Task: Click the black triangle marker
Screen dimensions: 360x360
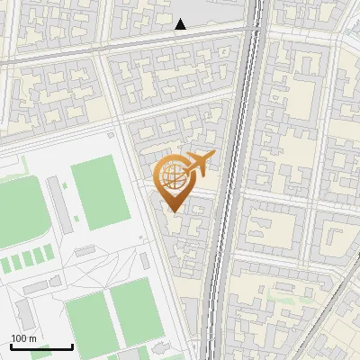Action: click(x=181, y=24)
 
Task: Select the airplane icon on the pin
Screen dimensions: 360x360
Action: click(x=198, y=162)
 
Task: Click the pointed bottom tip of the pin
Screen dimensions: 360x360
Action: click(x=172, y=211)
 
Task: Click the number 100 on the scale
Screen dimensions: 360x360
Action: click(x=20, y=337)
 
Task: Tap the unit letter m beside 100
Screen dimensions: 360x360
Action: click(x=32, y=337)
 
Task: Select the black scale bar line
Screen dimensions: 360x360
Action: click(x=41, y=346)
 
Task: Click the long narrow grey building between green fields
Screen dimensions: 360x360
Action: click(x=57, y=202)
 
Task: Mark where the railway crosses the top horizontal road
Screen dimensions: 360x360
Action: click(x=254, y=31)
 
